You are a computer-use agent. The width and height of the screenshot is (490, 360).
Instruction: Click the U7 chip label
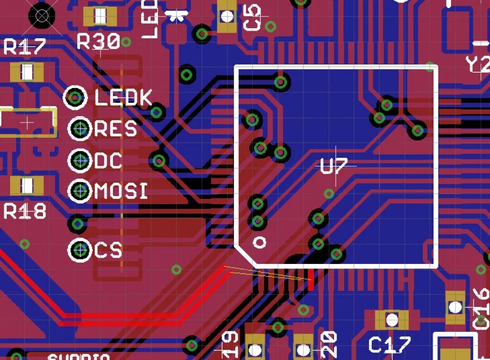[x=334, y=167]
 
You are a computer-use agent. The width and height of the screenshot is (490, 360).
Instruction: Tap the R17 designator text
[x=24, y=47]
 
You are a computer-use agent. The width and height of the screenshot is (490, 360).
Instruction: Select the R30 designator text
[x=99, y=43]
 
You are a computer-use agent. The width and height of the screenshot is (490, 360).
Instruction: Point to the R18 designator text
[x=25, y=211]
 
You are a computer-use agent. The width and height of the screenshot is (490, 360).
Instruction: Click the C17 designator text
[x=390, y=345]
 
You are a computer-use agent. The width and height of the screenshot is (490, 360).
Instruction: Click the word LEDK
[x=123, y=98]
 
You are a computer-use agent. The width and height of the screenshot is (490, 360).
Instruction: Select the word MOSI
[x=121, y=192]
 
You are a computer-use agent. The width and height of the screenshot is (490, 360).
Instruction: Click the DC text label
[x=108, y=161]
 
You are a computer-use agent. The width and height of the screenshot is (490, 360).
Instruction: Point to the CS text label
[x=108, y=250]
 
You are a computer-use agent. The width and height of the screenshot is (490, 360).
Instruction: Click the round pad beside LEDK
[x=76, y=98]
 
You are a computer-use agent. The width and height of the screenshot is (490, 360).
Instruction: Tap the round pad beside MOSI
[x=80, y=191]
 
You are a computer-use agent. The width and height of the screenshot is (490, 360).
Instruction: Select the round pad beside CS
[x=80, y=250]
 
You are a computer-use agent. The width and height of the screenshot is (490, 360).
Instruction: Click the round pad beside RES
[x=80, y=128]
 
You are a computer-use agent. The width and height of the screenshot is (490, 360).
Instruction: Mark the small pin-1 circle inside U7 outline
[x=260, y=242]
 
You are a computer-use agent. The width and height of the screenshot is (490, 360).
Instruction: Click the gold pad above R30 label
[x=100, y=17]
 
